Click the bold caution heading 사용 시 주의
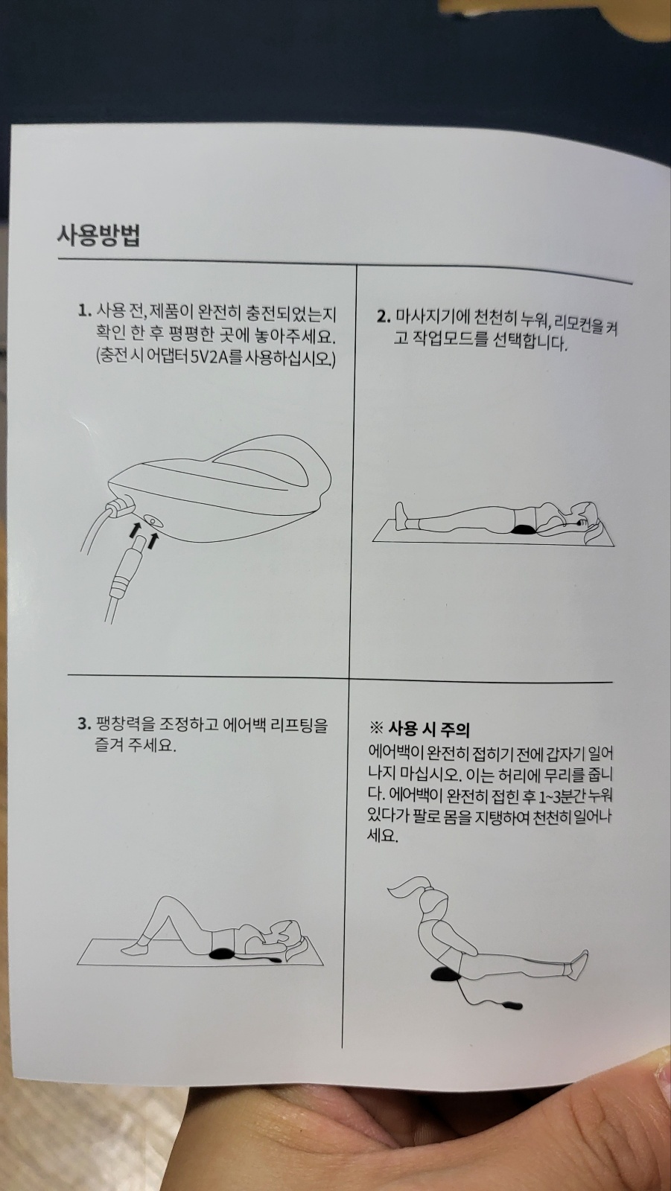tap(429, 729)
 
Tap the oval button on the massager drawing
tap(153, 520)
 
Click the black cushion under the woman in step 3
tap(223, 954)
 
